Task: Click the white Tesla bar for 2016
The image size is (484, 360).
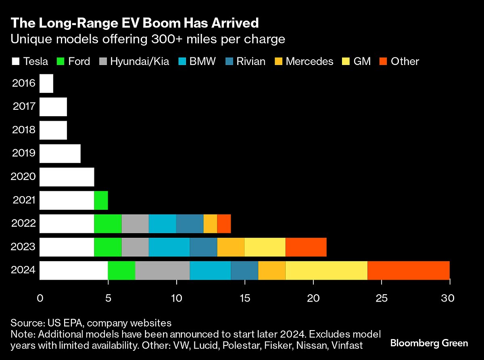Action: [46, 84]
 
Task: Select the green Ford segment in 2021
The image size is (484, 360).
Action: [101, 200]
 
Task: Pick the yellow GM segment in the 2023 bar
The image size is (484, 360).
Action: [265, 247]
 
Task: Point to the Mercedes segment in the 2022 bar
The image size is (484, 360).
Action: [210, 224]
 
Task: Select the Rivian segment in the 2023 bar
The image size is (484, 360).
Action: [203, 247]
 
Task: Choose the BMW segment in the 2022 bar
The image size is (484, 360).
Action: [162, 224]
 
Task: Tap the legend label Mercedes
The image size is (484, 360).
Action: [309, 62]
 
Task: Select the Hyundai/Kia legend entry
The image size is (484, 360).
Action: [140, 62]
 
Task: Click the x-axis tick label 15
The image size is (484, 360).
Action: [244, 299]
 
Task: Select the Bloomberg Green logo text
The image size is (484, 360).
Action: [429, 343]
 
